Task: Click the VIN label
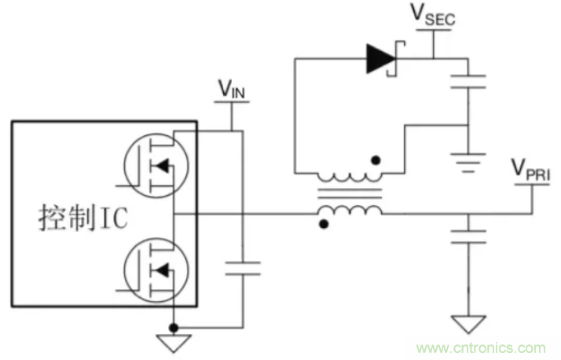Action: [233, 90]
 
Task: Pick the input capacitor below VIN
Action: [242, 267]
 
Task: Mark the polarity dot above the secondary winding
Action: [377, 161]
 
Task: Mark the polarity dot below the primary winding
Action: [323, 224]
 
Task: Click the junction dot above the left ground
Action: [174, 325]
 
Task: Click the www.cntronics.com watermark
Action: [481, 347]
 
